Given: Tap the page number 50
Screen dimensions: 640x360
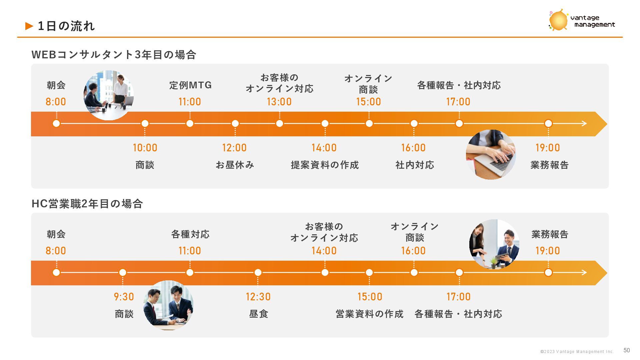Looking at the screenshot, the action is [x=627, y=350].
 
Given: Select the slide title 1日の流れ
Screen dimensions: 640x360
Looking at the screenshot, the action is [x=66, y=26].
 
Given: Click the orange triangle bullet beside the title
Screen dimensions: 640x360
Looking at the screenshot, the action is [x=29, y=26].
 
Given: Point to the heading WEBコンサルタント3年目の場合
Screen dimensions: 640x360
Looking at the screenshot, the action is [x=114, y=54].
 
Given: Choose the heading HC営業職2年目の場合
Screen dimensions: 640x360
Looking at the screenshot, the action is [x=87, y=203].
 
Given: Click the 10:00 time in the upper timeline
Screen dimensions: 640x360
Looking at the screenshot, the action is [x=145, y=148].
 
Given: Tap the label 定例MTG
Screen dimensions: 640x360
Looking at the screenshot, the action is [x=190, y=85].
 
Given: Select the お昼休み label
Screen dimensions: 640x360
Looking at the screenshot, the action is [x=235, y=165].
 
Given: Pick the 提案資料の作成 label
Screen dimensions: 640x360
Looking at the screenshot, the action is [x=325, y=165].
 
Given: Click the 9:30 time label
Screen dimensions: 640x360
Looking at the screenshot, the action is [x=124, y=297].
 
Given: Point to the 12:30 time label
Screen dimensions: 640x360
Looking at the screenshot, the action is [x=258, y=297].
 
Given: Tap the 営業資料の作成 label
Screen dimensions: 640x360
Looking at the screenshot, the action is [x=369, y=314].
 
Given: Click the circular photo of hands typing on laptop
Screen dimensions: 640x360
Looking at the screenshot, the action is [x=491, y=155].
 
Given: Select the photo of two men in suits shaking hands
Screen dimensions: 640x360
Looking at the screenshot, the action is [x=168, y=305].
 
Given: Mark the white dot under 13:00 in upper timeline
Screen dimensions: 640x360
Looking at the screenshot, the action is [x=279, y=124].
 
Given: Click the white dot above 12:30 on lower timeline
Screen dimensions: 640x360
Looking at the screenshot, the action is [x=258, y=273].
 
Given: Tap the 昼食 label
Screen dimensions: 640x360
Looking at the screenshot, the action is [x=259, y=314].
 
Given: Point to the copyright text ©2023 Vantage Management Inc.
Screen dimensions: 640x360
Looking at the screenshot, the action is [x=577, y=352].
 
